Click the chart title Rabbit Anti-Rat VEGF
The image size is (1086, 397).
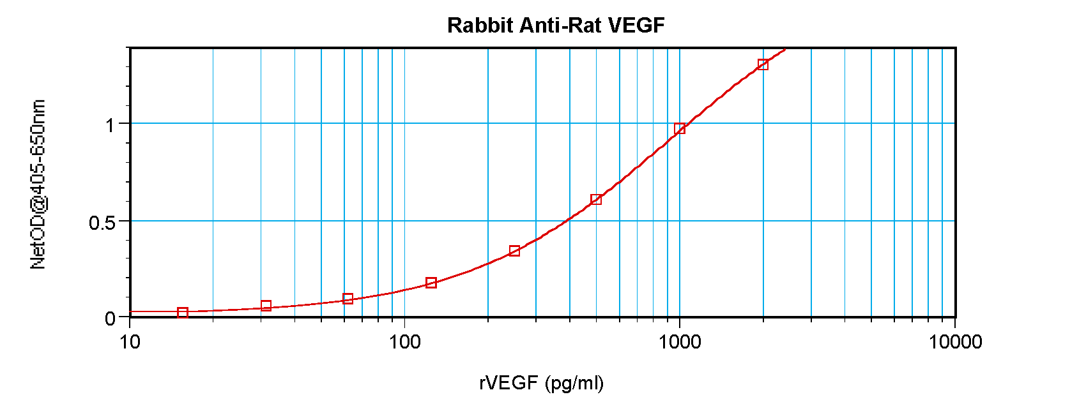pyautogui.click(x=556, y=26)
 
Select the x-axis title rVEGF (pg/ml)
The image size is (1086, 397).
pyautogui.click(x=541, y=383)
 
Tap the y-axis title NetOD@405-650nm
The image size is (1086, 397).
pyautogui.click(x=38, y=184)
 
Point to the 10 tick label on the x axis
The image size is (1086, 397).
pyautogui.click(x=130, y=342)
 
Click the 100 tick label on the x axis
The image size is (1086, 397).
pyautogui.click(x=404, y=342)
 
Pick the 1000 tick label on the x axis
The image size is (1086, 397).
pyautogui.click(x=680, y=342)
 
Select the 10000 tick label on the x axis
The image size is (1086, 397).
pyautogui.click(x=955, y=342)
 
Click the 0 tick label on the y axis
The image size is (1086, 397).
pyautogui.click(x=111, y=318)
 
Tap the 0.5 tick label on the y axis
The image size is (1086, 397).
pyautogui.click(x=102, y=223)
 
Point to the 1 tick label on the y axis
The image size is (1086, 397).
pyautogui.click(x=111, y=125)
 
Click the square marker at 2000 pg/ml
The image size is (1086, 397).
pyautogui.click(x=763, y=64)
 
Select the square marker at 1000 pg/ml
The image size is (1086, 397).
pyautogui.click(x=680, y=128)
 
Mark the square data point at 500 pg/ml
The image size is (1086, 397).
pyautogui.click(x=596, y=199)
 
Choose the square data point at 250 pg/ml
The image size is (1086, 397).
pyautogui.click(x=514, y=251)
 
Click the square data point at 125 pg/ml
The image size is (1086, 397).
pyautogui.click(x=431, y=283)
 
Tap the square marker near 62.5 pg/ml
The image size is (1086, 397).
pyautogui.click(x=348, y=299)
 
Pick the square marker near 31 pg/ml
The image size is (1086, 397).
pyautogui.click(x=266, y=306)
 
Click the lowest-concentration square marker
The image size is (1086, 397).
pyautogui.click(x=183, y=313)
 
